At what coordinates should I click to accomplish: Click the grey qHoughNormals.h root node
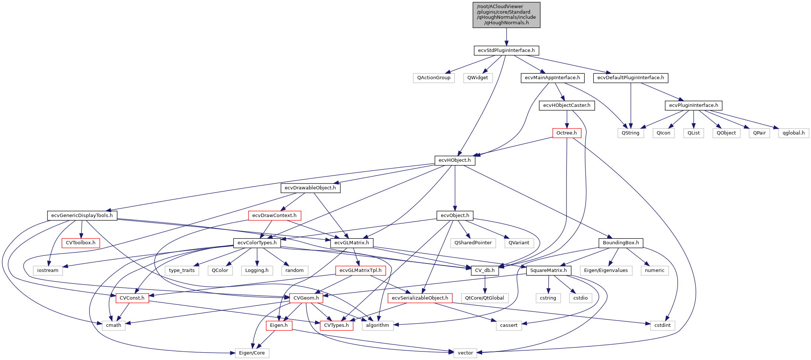tap(506, 15)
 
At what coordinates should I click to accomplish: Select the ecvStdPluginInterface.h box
tap(506, 50)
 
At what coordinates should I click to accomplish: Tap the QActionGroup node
tap(433, 78)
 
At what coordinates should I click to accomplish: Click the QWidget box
tap(477, 78)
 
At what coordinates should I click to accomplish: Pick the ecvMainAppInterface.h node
tap(552, 78)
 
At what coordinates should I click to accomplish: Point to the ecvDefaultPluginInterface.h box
tap(631, 78)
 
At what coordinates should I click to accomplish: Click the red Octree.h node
tap(566, 133)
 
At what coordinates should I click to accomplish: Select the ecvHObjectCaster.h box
tap(566, 105)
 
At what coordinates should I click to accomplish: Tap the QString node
tap(630, 133)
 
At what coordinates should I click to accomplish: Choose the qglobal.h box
tap(793, 133)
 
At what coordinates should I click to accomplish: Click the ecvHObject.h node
tap(454, 160)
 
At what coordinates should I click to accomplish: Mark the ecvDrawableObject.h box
tap(310, 188)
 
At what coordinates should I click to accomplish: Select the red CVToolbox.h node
tap(80, 243)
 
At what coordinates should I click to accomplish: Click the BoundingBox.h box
tap(621, 243)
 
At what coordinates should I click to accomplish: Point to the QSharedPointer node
tap(473, 243)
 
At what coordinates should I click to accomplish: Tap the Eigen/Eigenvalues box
tap(605, 270)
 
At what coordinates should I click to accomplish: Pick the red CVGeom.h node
tap(306, 298)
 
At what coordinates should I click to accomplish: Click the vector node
tap(465, 353)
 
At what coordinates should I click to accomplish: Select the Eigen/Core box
tap(252, 353)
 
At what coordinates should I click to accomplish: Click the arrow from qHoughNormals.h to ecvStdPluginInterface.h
tap(506, 37)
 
